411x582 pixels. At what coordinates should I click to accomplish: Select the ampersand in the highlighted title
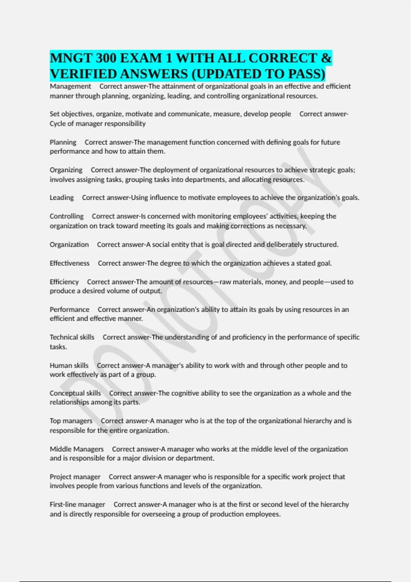(326, 58)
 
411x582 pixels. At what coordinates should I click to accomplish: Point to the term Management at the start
(70, 86)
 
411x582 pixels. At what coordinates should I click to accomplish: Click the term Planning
(63, 142)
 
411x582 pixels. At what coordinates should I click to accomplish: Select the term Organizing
(66, 170)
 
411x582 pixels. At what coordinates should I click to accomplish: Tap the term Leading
(62, 198)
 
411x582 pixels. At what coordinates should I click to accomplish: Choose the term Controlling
(66, 216)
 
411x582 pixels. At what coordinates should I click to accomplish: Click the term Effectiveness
(70, 263)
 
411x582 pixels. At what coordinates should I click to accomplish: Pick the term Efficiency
(64, 282)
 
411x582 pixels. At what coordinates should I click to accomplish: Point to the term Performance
(70, 309)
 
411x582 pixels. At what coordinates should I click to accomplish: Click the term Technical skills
(72, 337)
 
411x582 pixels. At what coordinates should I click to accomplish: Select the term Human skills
(69, 365)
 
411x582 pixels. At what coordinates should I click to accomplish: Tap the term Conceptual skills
(75, 393)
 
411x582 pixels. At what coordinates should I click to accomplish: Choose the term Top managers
(71, 421)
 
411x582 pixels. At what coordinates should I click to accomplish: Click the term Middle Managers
(77, 449)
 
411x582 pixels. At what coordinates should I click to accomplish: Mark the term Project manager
(75, 477)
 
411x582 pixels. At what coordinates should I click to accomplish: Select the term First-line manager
(77, 504)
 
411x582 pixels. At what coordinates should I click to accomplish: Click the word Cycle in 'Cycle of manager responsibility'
(58, 124)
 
